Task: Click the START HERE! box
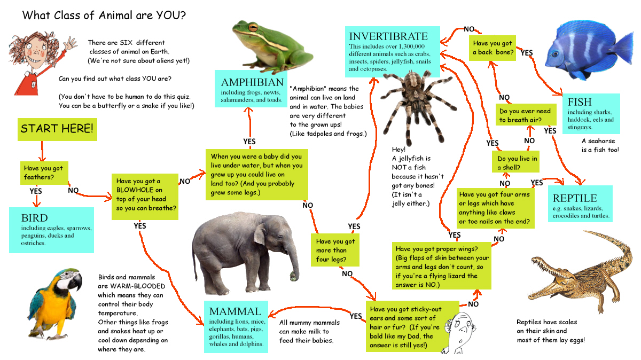click(57, 129)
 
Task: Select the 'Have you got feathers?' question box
click(44, 173)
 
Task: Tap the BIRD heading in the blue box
click(34, 218)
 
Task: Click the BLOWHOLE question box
click(145, 197)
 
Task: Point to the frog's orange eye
click(253, 28)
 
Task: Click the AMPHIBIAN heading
click(252, 82)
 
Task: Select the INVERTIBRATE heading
click(388, 36)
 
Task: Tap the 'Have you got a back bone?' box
click(493, 48)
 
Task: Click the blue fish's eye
click(555, 53)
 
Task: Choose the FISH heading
click(580, 102)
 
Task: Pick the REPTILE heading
click(575, 198)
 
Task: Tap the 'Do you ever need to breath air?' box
click(526, 114)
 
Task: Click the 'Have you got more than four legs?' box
click(335, 250)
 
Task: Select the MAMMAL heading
click(235, 311)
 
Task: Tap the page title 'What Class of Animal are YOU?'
click(104, 15)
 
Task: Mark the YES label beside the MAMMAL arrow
click(356, 316)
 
